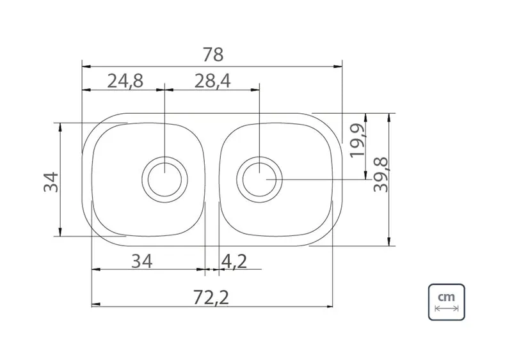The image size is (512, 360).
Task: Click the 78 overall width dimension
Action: click(x=213, y=54)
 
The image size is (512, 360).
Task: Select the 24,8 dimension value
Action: click(x=125, y=81)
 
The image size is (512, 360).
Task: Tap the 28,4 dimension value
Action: click(x=212, y=81)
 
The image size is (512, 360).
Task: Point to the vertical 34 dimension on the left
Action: click(x=51, y=182)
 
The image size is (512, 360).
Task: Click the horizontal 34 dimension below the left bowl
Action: click(x=141, y=261)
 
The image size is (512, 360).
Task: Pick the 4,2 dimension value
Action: click(x=234, y=262)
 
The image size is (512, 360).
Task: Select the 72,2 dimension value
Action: click(x=211, y=298)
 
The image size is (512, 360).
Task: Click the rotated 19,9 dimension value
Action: click(x=357, y=141)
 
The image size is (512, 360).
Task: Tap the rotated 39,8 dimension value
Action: click(x=381, y=175)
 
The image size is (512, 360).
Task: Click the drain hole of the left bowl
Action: click(x=164, y=179)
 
